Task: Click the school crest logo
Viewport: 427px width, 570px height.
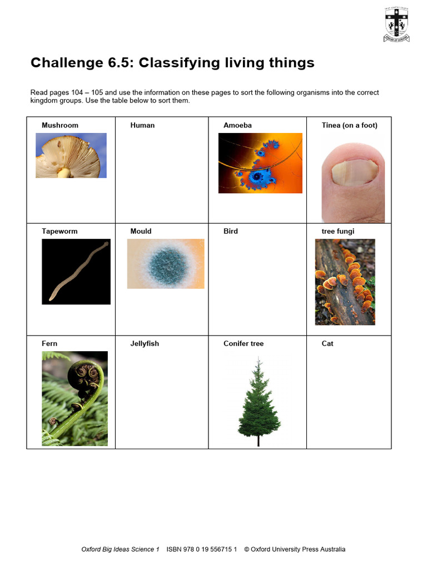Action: pyautogui.click(x=396, y=24)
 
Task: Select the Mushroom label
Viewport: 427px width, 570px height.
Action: pyautogui.click(x=60, y=125)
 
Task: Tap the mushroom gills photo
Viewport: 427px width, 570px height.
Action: pyautogui.click(x=71, y=155)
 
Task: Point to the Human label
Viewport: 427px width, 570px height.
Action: pyautogui.click(x=142, y=125)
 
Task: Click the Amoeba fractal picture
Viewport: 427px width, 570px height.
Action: pyautogui.click(x=260, y=163)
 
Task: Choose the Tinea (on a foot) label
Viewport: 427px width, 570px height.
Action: pyautogui.click(x=349, y=125)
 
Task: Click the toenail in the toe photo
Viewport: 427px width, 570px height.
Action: pyautogui.click(x=354, y=173)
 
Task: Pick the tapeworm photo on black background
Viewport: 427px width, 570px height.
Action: pyautogui.click(x=76, y=272)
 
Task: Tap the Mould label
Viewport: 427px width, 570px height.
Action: pyautogui.click(x=141, y=231)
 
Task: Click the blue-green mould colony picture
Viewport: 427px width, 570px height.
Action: pyautogui.click(x=166, y=264)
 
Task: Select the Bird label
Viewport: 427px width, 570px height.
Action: pyautogui.click(x=231, y=231)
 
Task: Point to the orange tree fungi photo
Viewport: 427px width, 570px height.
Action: pyautogui.click(x=345, y=282)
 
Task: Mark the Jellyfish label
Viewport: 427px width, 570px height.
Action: pyautogui.click(x=145, y=343)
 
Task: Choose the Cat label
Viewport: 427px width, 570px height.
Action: pyautogui.click(x=327, y=343)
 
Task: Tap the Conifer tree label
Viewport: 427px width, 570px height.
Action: pyautogui.click(x=244, y=343)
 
